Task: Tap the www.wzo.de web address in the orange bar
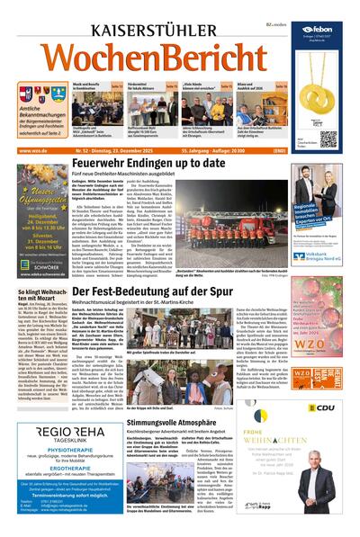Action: [x=31, y=151]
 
